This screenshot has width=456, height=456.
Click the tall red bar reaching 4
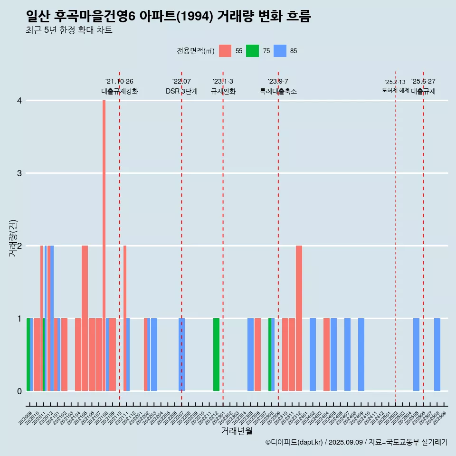[104, 246]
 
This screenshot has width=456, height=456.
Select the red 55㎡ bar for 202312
[299, 318]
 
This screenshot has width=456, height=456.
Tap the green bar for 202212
[216, 354]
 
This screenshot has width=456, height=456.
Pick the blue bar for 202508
[437, 354]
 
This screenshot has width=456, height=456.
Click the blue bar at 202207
[181, 354]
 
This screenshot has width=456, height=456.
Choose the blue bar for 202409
[361, 354]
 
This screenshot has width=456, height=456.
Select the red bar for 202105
[85, 318]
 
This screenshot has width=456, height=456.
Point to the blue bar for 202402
[313, 354]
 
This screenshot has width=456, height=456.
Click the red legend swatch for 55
[225, 51]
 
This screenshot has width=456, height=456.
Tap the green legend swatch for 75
[252, 51]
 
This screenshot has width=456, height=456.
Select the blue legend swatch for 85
[280, 51]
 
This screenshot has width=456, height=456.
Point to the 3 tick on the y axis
[19, 173]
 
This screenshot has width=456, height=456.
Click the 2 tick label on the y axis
[19, 246]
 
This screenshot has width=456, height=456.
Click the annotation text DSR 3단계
[181, 91]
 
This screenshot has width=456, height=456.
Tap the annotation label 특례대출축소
[278, 91]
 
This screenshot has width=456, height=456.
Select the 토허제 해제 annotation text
[395, 90]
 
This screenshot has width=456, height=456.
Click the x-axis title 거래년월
[237, 431]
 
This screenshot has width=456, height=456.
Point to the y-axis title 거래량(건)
[13, 238]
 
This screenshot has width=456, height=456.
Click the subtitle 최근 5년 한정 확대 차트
[69, 31]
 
